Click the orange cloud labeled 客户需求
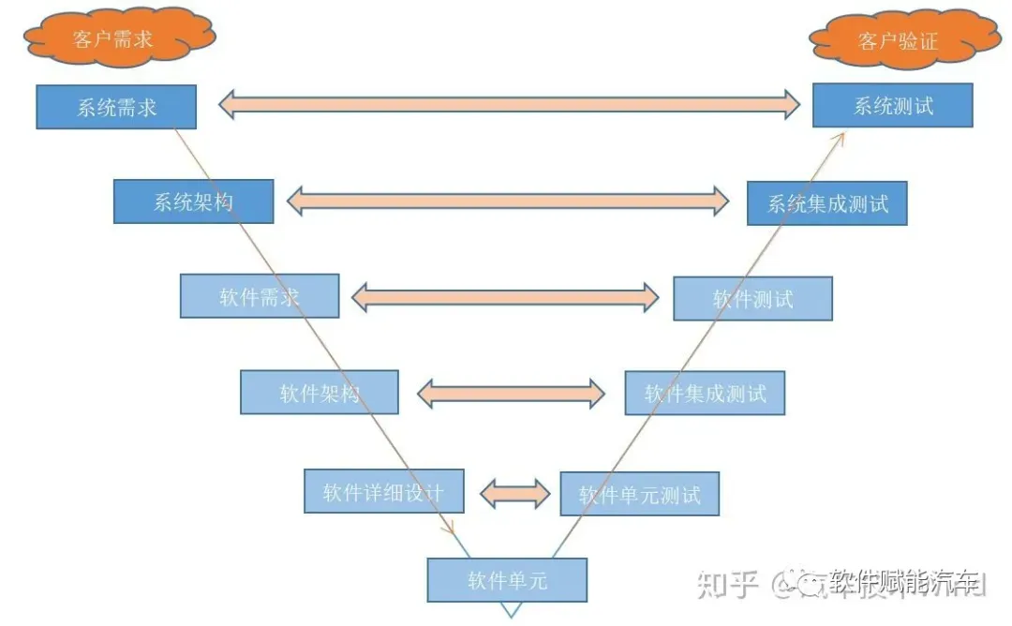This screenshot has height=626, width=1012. pos(117,38)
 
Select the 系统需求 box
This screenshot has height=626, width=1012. pos(116,107)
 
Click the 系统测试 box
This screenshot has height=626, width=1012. pos(892,105)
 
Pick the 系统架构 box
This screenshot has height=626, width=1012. pos(193,201)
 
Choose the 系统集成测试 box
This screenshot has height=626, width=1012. pos(826,203)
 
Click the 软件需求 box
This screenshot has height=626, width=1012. pos(259,296)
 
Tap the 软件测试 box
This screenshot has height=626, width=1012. pos(752,298)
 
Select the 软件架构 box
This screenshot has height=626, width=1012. pos(319,392)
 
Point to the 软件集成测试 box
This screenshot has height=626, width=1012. pos(705,393)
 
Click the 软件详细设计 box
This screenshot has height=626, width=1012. pos(383,491)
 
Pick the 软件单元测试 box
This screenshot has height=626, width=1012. pos(639,493)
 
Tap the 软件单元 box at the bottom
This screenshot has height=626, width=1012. pos(507,580)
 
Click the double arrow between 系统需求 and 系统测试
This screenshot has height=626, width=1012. pos(509,103)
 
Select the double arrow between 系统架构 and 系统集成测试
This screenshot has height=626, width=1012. pos(508,200)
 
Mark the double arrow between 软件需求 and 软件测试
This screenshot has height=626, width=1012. pos(505,297)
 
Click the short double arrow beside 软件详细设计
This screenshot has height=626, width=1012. pos(515,492)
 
